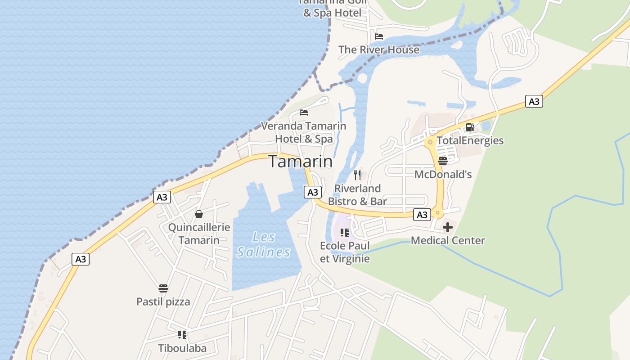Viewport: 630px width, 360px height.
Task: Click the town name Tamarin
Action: click(x=301, y=162)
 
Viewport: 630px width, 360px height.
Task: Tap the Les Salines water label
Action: click(x=264, y=244)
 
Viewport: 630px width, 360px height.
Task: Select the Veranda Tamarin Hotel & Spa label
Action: click(x=304, y=132)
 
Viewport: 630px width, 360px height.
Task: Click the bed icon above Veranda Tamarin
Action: click(x=304, y=112)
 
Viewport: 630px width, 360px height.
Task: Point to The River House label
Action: click(x=378, y=49)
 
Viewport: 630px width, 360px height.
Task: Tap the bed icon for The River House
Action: click(x=379, y=36)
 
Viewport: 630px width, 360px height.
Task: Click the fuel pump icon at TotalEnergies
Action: click(x=470, y=127)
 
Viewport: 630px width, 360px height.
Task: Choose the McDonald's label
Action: click(x=443, y=174)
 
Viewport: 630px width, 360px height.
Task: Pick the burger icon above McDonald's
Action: click(x=442, y=161)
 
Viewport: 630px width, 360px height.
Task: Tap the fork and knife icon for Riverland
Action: click(x=357, y=175)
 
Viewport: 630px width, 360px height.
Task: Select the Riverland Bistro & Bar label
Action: click(x=357, y=195)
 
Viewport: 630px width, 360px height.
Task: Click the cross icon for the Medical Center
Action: click(x=448, y=227)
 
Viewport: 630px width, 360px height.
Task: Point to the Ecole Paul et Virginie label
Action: click(x=345, y=252)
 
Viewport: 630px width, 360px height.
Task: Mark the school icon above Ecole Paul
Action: click(x=345, y=233)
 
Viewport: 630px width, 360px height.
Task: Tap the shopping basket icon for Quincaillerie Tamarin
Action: click(x=199, y=214)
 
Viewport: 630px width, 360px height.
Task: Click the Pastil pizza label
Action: click(x=163, y=301)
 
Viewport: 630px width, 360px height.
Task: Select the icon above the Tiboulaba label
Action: click(x=182, y=334)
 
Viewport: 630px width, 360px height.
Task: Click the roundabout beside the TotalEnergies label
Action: click(x=430, y=142)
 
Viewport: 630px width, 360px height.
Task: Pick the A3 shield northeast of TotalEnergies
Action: click(x=534, y=101)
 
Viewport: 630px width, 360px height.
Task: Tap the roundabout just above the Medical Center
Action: click(x=438, y=212)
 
